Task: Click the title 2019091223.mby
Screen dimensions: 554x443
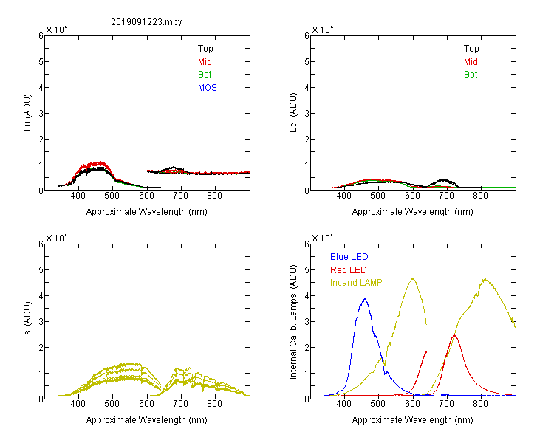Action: click(x=146, y=22)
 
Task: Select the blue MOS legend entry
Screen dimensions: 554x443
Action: click(x=208, y=88)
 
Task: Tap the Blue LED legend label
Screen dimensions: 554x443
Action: click(x=349, y=257)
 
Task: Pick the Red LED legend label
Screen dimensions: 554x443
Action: click(x=349, y=270)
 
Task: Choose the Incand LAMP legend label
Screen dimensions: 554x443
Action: click(x=356, y=283)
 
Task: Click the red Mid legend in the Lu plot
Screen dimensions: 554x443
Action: click(x=205, y=62)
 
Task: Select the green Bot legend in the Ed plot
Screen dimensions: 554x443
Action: click(x=471, y=75)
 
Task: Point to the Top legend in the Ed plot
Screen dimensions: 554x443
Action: click(x=471, y=49)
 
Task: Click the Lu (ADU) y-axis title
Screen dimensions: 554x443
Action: click(x=27, y=113)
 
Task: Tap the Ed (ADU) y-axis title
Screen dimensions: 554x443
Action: click(x=293, y=113)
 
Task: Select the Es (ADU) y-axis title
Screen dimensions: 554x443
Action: click(x=27, y=321)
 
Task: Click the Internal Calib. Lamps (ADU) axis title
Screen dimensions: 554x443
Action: click(x=293, y=322)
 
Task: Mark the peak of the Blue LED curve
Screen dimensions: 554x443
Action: click(x=365, y=299)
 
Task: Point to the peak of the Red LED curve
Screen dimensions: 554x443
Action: click(x=454, y=335)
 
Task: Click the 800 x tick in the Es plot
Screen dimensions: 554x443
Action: click(x=214, y=404)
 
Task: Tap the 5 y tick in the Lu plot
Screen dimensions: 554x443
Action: click(x=41, y=62)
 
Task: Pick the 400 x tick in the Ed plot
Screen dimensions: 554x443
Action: click(x=343, y=196)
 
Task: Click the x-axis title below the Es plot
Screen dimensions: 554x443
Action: click(x=147, y=420)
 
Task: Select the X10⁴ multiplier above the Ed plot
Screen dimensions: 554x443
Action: click(x=323, y=30)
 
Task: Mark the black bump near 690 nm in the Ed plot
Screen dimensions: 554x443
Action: click(x=443, y=180)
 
